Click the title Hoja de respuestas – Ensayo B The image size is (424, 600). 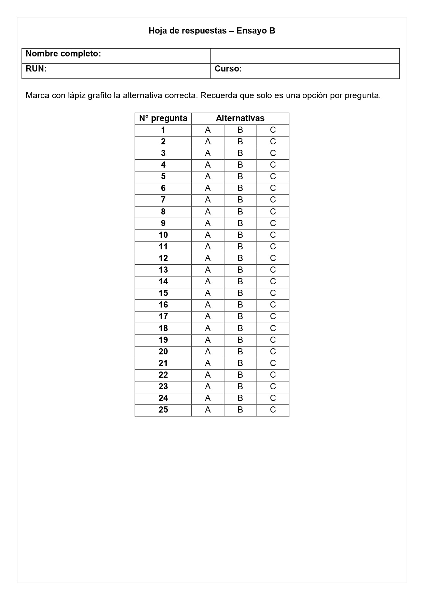coord(212,31)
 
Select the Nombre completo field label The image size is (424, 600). coord(63,54)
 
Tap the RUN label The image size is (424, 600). coord(36,69)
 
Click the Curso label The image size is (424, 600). coord(228,69)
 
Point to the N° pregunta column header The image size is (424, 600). coord(163,118)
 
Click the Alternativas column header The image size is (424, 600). coord(240,118)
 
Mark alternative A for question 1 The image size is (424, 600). coord(208,130)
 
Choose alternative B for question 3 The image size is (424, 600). coord(240,153)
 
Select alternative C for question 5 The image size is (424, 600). coord(273,177)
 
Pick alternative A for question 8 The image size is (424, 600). coord(208,212)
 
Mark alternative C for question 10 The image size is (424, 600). coord(273,235)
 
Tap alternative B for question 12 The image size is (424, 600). coord(240,258)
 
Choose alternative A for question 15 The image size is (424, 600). coord(208,293)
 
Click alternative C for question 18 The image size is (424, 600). coord(273,328)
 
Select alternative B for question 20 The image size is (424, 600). coord(240,352)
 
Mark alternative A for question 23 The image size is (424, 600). coord(208,387)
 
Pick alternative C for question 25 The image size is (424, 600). coord(273,410)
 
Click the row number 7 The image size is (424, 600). coord(163,200)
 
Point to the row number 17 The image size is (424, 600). coord(163,316)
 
